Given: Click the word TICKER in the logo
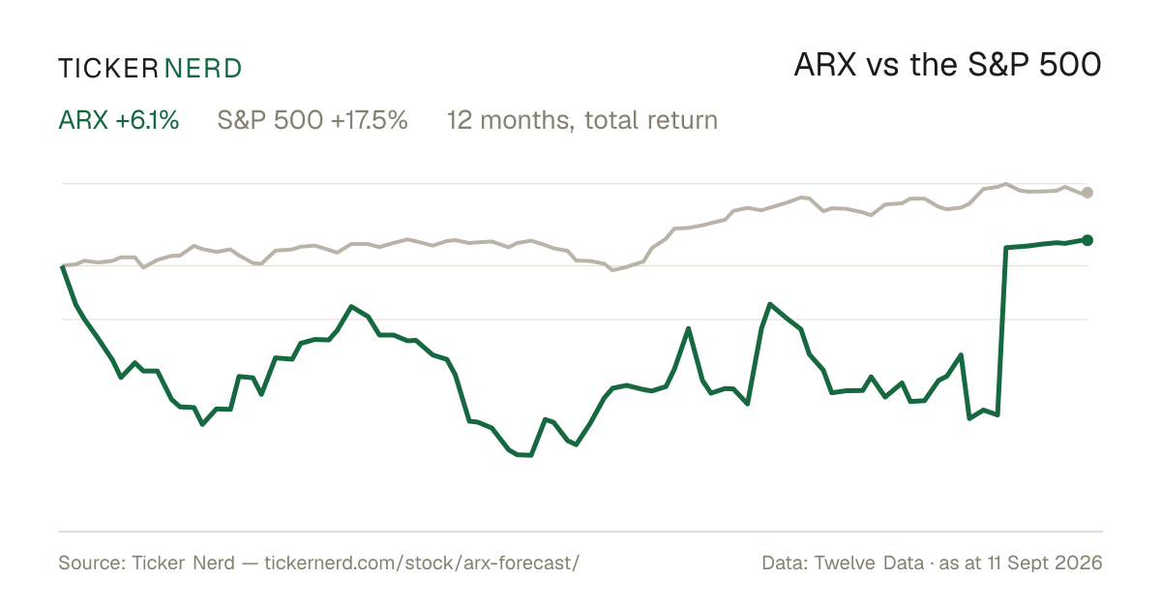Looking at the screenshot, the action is pos(108,69).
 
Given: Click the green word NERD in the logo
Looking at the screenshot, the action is pos(202,69).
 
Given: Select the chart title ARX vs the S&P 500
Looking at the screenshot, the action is pos(947,65).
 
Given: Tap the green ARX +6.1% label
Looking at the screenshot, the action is pos(119,120).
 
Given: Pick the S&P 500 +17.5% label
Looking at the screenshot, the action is pos(313,120).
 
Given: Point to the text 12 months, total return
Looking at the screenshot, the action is pos(582,120).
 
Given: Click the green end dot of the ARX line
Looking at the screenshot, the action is pos(1087,240).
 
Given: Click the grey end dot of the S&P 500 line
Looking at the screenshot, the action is pos(1087,193).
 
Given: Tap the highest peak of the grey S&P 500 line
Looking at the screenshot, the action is pos(1006,184).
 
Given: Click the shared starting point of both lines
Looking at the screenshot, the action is pos(63,266).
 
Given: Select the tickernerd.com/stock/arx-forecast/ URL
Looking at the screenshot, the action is pos(422,563).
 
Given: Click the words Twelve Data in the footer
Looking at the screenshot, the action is pos(869,563).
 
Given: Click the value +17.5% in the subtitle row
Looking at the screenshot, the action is pos(369,120).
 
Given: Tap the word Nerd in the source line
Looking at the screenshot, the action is pos(214,563).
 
